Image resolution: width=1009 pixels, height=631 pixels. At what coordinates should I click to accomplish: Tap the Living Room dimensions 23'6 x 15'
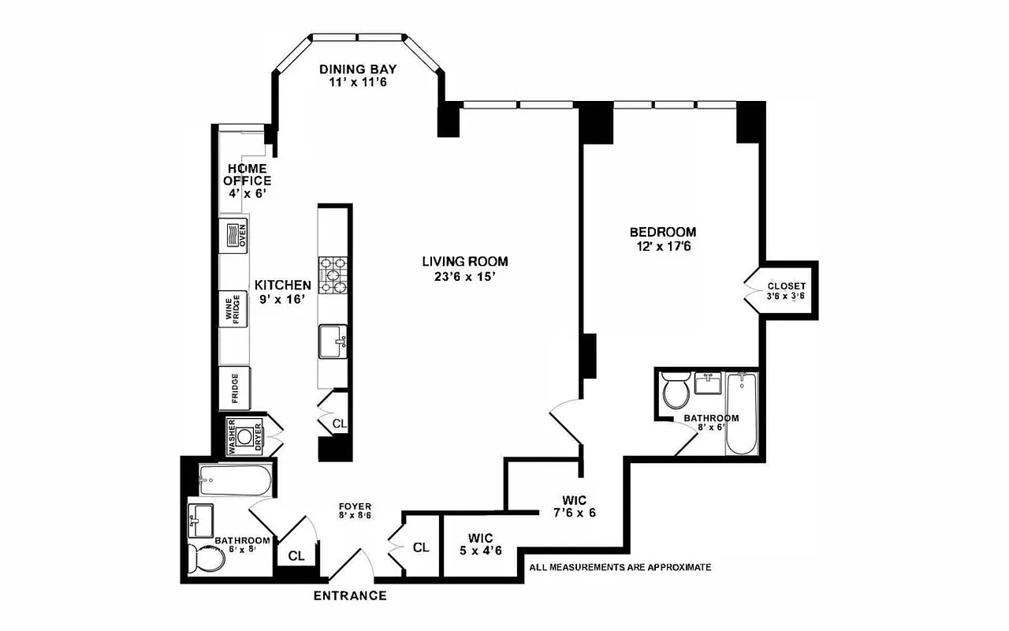464,277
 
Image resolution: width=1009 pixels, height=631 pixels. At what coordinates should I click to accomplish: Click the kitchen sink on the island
333,342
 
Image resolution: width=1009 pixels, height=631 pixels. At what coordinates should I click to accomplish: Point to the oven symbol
235,235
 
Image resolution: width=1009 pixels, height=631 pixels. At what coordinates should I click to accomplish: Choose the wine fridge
234,309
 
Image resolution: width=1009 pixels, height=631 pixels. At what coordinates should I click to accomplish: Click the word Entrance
350,596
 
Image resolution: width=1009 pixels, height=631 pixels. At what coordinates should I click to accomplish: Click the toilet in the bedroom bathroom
676,391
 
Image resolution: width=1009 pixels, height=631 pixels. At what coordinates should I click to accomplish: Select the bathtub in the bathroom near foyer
235,479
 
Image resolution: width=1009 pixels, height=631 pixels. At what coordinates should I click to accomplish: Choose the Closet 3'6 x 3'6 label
786,291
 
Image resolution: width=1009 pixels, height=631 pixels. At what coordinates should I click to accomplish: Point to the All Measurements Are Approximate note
620,567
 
